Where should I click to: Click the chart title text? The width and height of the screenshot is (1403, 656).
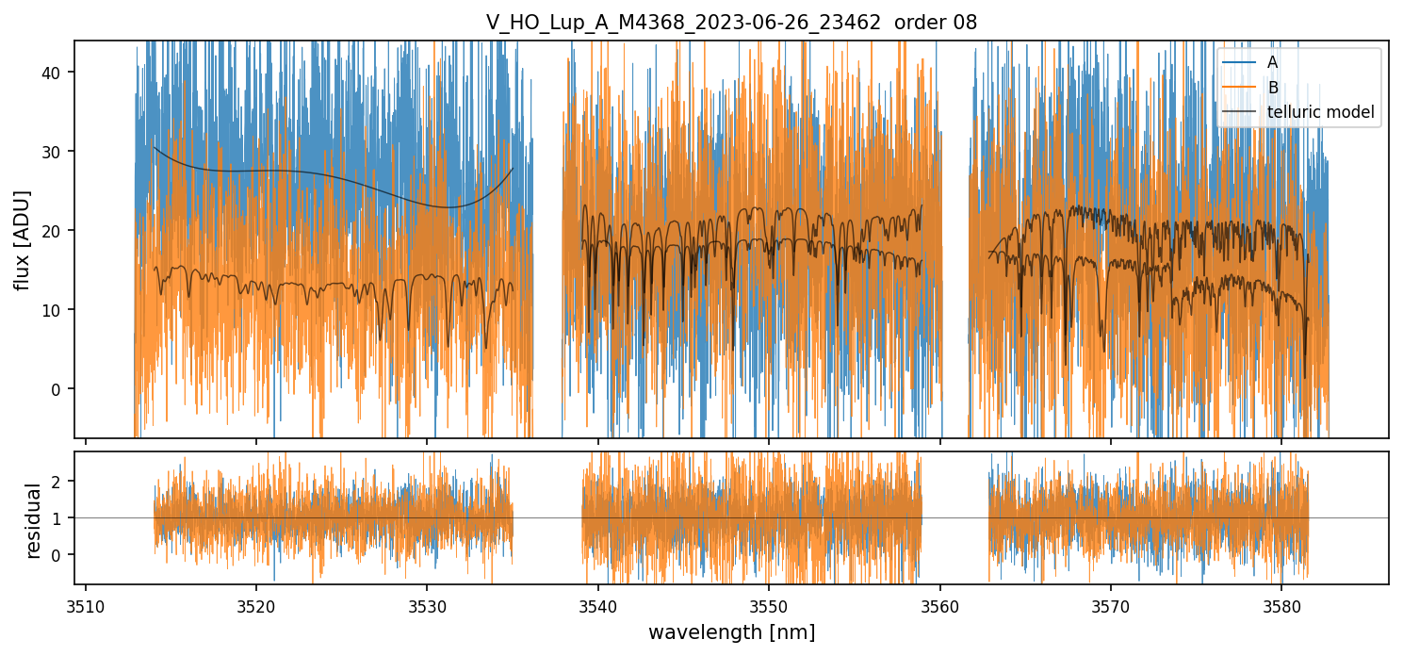(x=731, y=23)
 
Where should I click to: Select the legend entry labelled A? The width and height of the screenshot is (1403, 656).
(x=1272, y=62)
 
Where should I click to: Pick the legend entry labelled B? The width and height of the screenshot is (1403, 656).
(x=1272, y=88)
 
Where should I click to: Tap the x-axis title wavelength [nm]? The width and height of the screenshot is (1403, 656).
(x=731, y=632)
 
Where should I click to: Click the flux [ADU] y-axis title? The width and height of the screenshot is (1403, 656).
(x=22, y=239)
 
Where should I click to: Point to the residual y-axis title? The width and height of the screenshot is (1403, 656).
(x=35, y=520)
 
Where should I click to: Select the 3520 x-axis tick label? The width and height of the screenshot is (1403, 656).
(x=256, y=605)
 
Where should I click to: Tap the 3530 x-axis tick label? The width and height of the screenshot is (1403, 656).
(x=427, y=605)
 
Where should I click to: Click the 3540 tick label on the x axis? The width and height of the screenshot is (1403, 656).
(x=598, y=605)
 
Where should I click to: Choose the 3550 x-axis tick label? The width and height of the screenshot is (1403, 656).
(x=769, y=605)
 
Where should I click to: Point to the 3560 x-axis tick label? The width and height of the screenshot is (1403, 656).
(x=940, y=605)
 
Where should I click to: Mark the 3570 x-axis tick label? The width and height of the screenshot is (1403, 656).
(x=1111, y=605)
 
